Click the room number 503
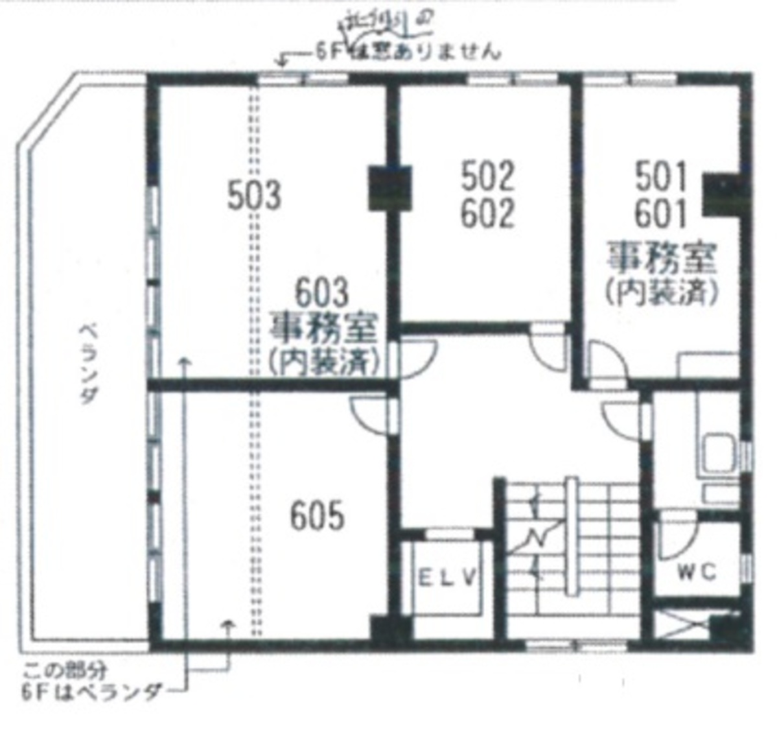(254, 195)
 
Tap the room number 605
(317, 517)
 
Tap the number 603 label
(322, 294)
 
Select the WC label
(697, 572)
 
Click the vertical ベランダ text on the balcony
(87, 363)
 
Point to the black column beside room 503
(389, 187)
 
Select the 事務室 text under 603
(323, 330)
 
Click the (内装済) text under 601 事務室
(662, 293)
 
